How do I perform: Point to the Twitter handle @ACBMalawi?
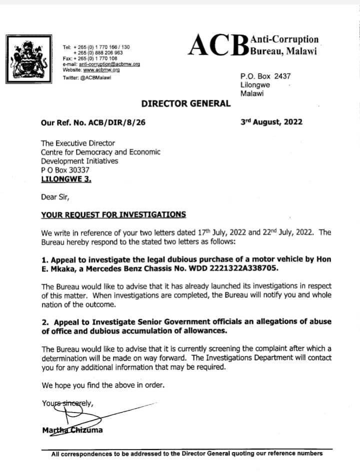[95, 78]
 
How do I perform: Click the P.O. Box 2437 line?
[265, 76]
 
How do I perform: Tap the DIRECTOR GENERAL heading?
[186, 104]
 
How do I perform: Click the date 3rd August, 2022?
[271, 122]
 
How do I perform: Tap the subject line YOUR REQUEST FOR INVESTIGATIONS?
[113, 214]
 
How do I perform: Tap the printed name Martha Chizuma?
[72, 430]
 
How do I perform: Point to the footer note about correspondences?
[186, 454]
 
